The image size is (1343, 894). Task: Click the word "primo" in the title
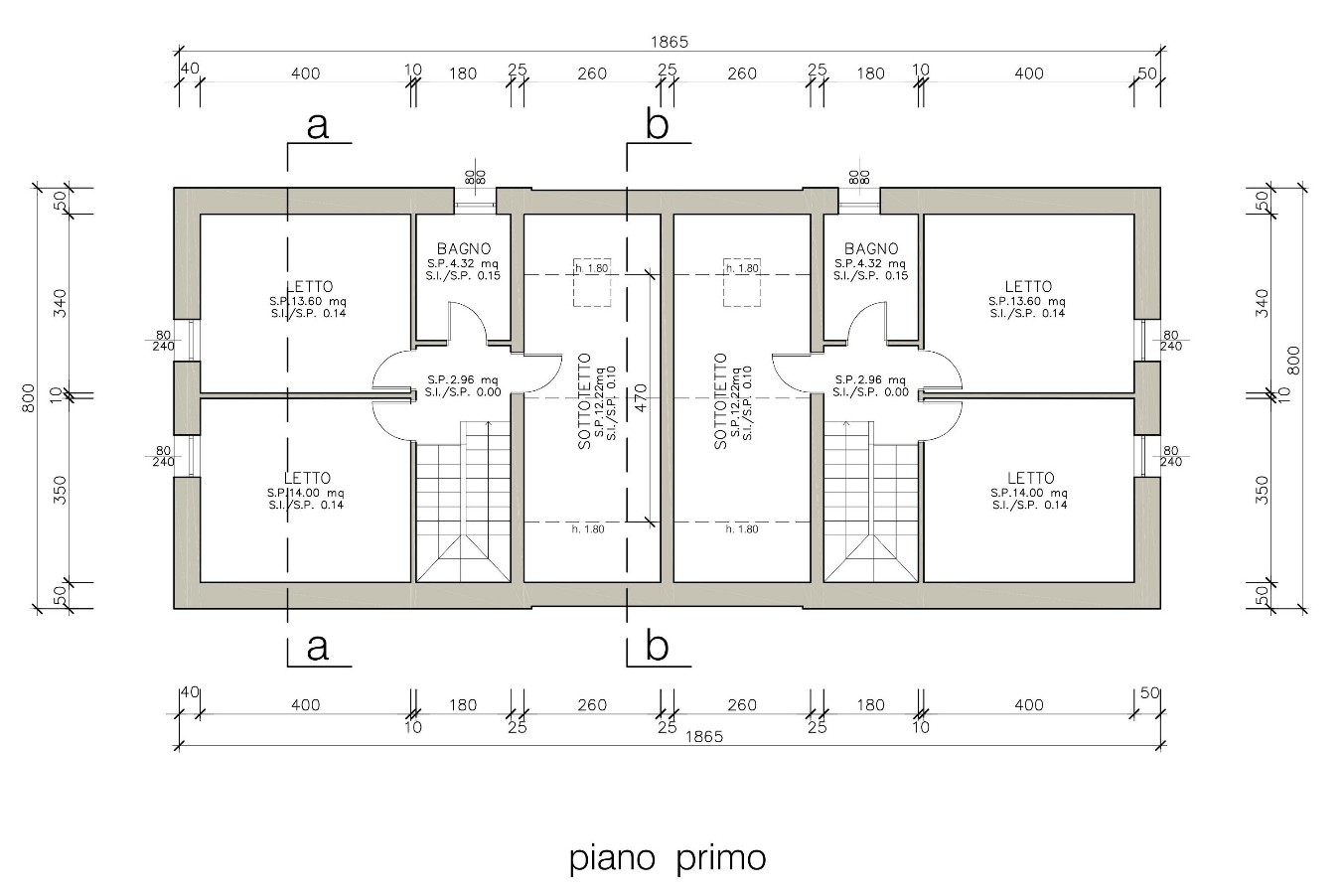pyautogui.click(x=721, y=857)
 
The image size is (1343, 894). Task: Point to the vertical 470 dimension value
pyautogui.click(x=641, y=397)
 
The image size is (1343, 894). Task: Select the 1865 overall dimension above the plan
pyautogui.click(x=669, y=42)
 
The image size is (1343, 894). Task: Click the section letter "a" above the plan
pyautogui.click(x=318, y=126)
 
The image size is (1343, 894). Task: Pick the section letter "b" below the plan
pyautogui.click(x=657, y=647)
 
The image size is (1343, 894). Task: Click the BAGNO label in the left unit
pyautogui.click(x=464, y=249)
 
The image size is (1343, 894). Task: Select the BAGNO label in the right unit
pyautogui.click(x=871, y=249)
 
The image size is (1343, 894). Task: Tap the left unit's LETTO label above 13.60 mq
pyautogui.click(x=308, y=287)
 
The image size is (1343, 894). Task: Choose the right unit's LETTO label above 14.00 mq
pyautogui.click(x=1030, y=479)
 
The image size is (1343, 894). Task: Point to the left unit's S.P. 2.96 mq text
pyautogui.click(x=464, y=379)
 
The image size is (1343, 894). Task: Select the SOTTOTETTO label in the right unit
pyautogui.click(x=721, y=401)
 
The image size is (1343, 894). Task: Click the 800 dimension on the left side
pyautogui.click(x=29, y=398)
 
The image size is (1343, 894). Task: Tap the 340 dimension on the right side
pyautogui.click(x=1263, y=303)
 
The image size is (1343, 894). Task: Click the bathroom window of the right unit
pyautogui.click(x=859, y=207)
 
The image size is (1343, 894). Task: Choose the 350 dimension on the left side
pyautogui.click(x=60, y=490)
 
